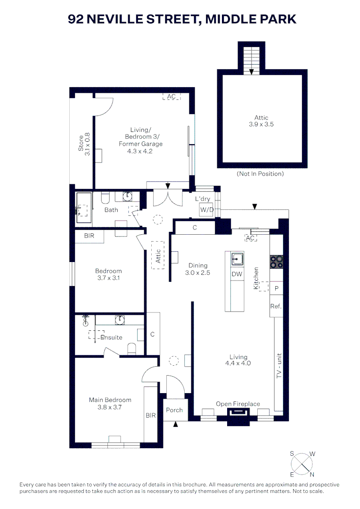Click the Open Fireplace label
click(238, 404)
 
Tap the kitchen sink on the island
click(237, 259)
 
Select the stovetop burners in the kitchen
click(276, 262)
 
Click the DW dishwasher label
click(237, 274)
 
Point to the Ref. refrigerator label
click(276, 306)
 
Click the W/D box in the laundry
click(206, 209)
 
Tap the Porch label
click(174, 410)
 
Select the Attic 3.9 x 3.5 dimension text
click(262, 125)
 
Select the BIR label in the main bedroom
click(150, 416)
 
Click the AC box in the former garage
click(172, 97)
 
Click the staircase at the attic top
click(252, 59)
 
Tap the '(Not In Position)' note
click(260, 174)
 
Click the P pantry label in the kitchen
click(276, 287)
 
